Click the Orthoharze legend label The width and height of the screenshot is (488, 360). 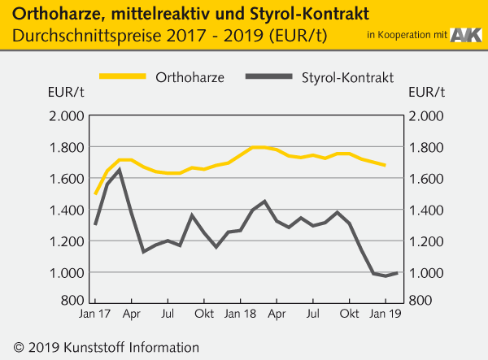190,77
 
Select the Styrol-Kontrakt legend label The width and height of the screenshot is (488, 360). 347,77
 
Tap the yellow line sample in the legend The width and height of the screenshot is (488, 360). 124,77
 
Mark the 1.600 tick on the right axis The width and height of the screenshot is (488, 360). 427,179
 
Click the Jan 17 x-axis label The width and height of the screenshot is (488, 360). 96,313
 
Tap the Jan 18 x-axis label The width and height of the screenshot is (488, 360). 241,313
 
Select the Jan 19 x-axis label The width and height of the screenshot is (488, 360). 386,313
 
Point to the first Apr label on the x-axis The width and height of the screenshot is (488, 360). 132,313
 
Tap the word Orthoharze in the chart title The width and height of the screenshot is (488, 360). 53,14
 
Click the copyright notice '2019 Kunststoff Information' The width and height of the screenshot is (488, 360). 102,347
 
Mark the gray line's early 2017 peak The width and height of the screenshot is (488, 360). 120,169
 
